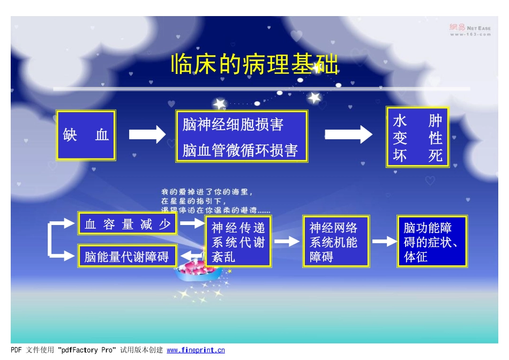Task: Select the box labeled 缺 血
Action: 86,135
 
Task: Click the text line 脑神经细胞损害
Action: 233,125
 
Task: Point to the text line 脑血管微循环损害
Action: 240,151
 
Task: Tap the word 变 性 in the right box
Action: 418,138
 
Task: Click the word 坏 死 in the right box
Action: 418,155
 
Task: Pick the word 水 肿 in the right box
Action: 418,121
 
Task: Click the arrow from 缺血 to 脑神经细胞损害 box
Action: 147,134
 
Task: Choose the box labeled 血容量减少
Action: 128,224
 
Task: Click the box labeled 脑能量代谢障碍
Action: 127,257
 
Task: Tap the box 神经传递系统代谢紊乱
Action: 238,242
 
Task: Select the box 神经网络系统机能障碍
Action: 336,242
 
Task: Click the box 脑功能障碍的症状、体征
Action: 432,242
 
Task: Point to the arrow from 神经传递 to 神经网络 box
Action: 287,242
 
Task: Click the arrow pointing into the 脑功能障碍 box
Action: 384,242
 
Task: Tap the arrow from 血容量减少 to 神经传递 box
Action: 191,222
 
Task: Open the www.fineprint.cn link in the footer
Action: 196,350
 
